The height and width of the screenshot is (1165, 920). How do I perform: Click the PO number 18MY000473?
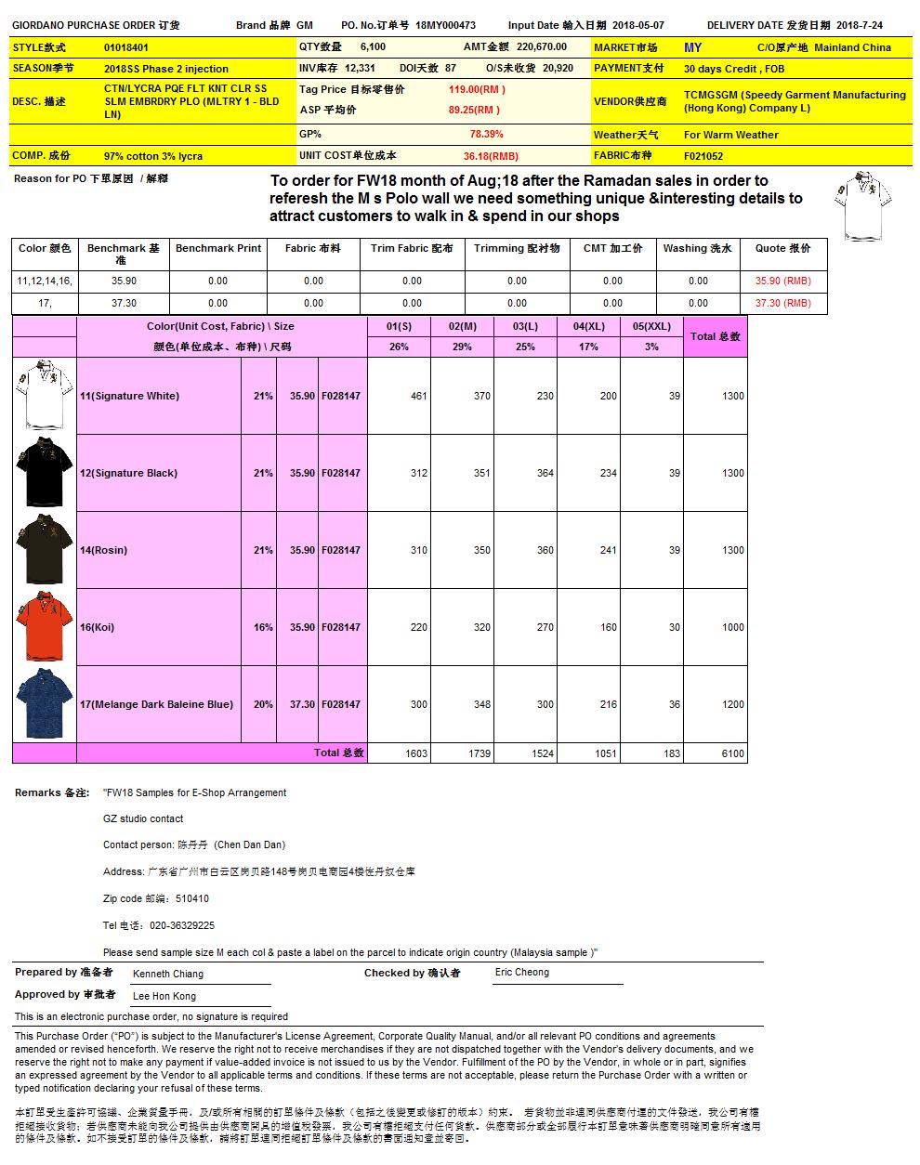coord(445,26)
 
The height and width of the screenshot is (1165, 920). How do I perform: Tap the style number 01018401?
coord(126,47)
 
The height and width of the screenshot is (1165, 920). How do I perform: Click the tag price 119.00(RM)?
coord(477,89)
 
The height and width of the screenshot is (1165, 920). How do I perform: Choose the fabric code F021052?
coord(703,156)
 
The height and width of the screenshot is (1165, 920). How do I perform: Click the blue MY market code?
coord(692,47)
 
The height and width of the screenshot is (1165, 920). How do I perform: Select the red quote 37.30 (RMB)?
coord(782,303)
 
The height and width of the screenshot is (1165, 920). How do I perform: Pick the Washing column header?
coord(697,248)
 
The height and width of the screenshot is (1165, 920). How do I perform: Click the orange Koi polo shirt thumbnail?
coord(44,627)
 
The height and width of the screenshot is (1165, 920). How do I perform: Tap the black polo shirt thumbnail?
coord(44,473)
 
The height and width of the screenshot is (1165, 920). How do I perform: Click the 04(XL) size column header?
coord(588,326)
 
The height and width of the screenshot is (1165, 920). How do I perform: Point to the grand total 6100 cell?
coord(733,753)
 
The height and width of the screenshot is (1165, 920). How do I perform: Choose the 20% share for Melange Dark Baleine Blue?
coord(263,704)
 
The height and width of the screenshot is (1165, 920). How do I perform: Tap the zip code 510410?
coord(192,898)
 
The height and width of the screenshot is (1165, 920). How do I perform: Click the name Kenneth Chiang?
coord(168,974)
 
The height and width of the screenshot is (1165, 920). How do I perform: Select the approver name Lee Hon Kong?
coord(164,996)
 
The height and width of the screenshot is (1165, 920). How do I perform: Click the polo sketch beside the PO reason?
coord(863,204)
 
